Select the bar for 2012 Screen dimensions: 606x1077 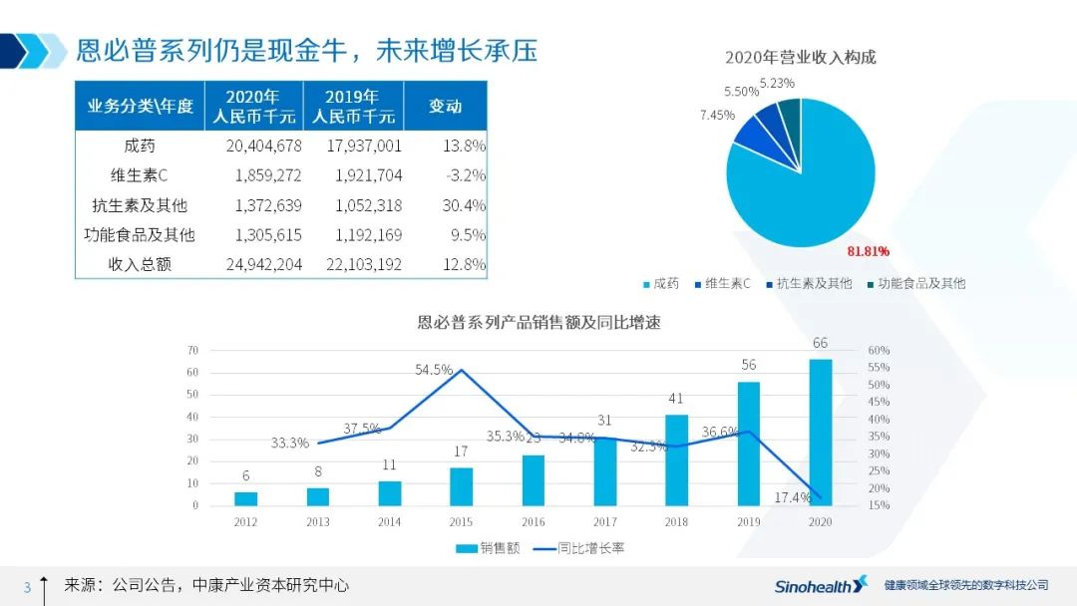coord(245,498)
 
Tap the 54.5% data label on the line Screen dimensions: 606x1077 coord(434,370)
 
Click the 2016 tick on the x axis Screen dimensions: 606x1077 coord(533,521)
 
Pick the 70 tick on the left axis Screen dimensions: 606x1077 coord(192,350)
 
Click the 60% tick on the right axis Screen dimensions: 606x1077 coord(879,351)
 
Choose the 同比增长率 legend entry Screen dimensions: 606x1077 coord(578,548)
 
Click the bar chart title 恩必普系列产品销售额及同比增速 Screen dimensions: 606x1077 coord(538,322)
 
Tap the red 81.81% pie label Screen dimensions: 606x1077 coord(868,251)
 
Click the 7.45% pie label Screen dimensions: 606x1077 coord(717,116)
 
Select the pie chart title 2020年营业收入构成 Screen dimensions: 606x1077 coord(800,57)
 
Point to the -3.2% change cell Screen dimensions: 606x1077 coord(465,175)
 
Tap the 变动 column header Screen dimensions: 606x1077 coord(445,106)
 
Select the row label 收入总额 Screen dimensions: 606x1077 coord(140,265)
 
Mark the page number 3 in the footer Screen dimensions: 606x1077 coord(27,587)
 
